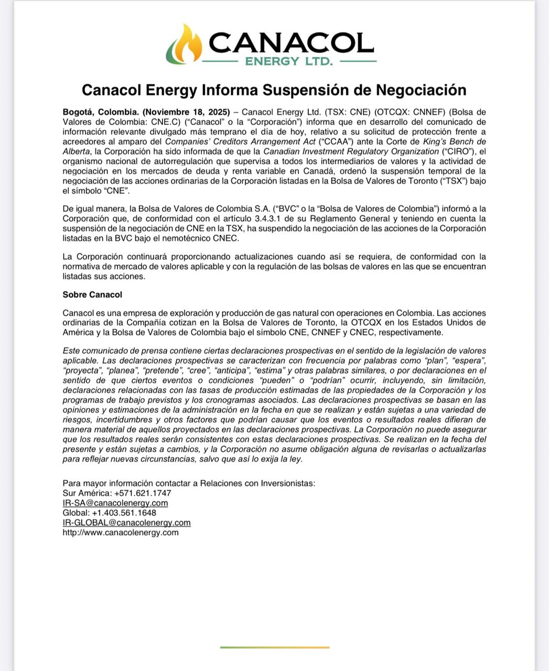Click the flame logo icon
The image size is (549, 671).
[184, 44]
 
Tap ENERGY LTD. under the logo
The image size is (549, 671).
[289, 61]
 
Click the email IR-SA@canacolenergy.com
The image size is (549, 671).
[115, 503]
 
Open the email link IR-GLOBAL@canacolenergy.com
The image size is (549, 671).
[126, 523]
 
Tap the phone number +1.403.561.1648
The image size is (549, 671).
[124, 513]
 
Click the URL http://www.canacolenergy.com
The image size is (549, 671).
[121, 533]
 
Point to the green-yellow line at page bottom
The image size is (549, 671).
[275, 647]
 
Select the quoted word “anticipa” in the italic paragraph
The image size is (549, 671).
[229, 371]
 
